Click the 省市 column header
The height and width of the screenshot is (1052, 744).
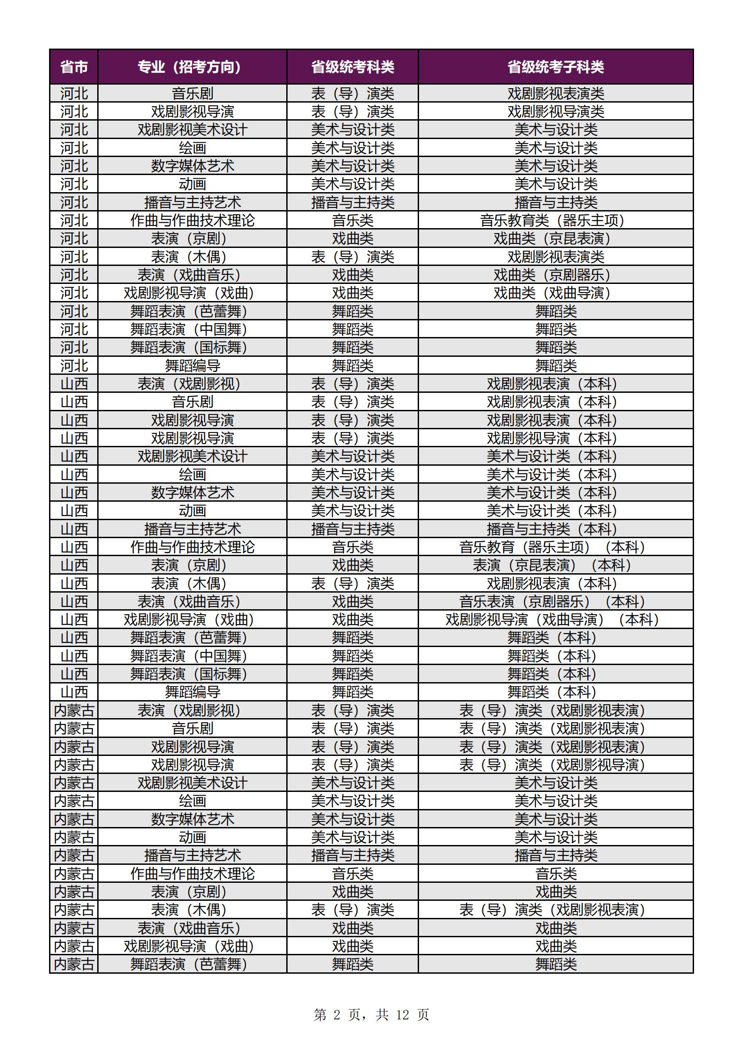click(74, 67)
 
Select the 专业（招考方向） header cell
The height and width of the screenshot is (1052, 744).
click(192, 67)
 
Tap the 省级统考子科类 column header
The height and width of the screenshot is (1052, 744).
click(555, 67)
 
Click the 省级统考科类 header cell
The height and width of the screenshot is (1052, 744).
click(352, 67)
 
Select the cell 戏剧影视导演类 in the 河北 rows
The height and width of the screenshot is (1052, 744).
click(555, 111)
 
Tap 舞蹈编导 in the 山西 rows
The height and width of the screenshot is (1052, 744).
click(192, 692)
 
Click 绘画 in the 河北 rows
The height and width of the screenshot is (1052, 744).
click(192, 148)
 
